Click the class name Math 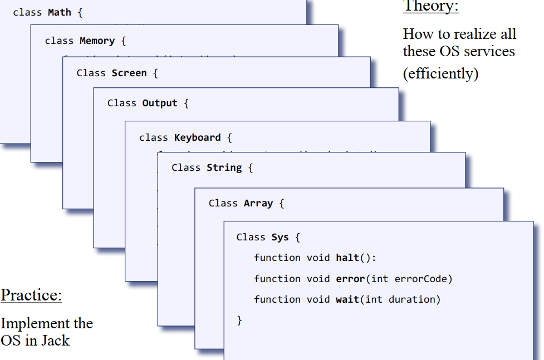coord(60,12)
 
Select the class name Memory coord(97,41)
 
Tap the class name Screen coord(129,73)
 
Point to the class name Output coord(160,103)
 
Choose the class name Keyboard coord(197,138)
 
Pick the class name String coord(224,168)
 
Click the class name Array coord(258,204)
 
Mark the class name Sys coord(280,238)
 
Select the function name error coord(350,279)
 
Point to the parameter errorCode coord(422,279)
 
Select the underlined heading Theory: coord(430,7)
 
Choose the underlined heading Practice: coord(31,295)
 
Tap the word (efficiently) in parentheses coord(440,74)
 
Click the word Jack coord(55,341)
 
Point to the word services coord(487,52)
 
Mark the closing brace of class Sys coord(239,320)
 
